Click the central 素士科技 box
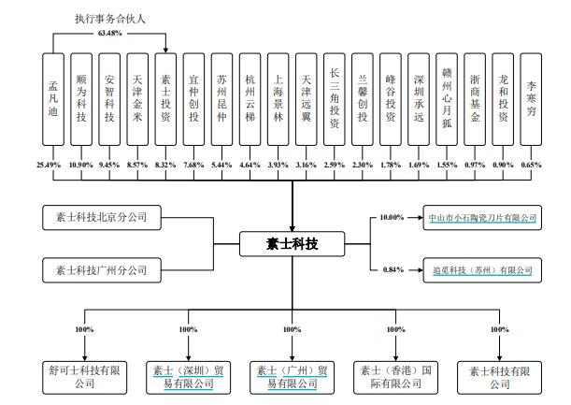pos(292,244)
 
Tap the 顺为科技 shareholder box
pos(82,99)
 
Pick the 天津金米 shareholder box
pos(137,99)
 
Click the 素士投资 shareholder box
pos(165,99)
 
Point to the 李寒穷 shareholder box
pos(531,99)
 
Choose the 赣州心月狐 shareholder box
pos(448,99)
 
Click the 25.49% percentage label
pos(49,164)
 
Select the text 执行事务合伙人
pos(108,19)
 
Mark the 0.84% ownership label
pos(393,270)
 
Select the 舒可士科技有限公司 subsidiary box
pos(84,377)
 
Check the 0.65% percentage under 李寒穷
pos(531,164)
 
